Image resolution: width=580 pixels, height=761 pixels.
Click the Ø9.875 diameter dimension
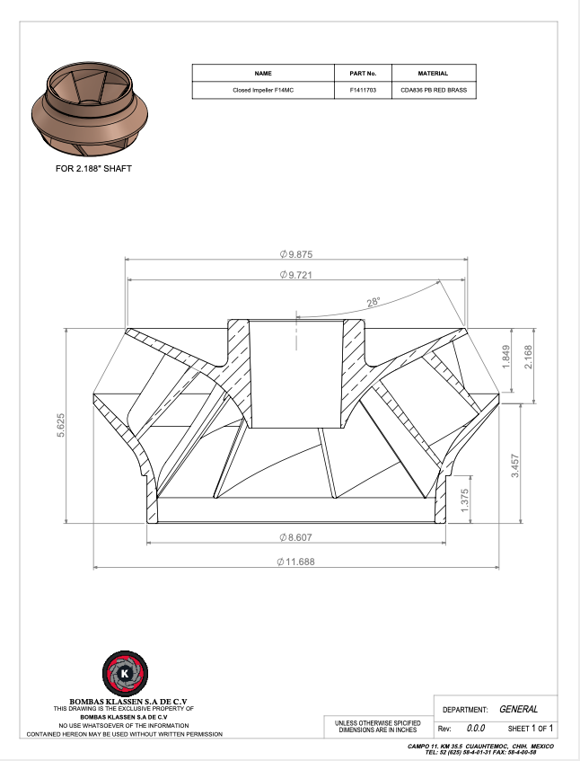point(296,254)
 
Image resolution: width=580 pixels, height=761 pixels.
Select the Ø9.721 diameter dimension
point(296,275)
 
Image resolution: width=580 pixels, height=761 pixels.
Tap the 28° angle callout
point(373,303)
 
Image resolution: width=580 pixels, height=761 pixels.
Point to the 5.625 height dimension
point(61,425)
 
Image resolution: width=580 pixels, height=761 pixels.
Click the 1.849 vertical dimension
point(505,357)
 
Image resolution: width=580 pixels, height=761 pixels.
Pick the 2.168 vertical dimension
point(528,357)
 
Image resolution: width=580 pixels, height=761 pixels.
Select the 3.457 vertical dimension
point(515,466)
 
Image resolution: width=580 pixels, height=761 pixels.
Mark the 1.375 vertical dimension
point(464,500)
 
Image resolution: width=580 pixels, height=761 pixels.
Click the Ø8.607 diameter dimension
point(295,537)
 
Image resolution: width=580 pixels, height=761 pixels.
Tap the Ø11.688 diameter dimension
point(295,562)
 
